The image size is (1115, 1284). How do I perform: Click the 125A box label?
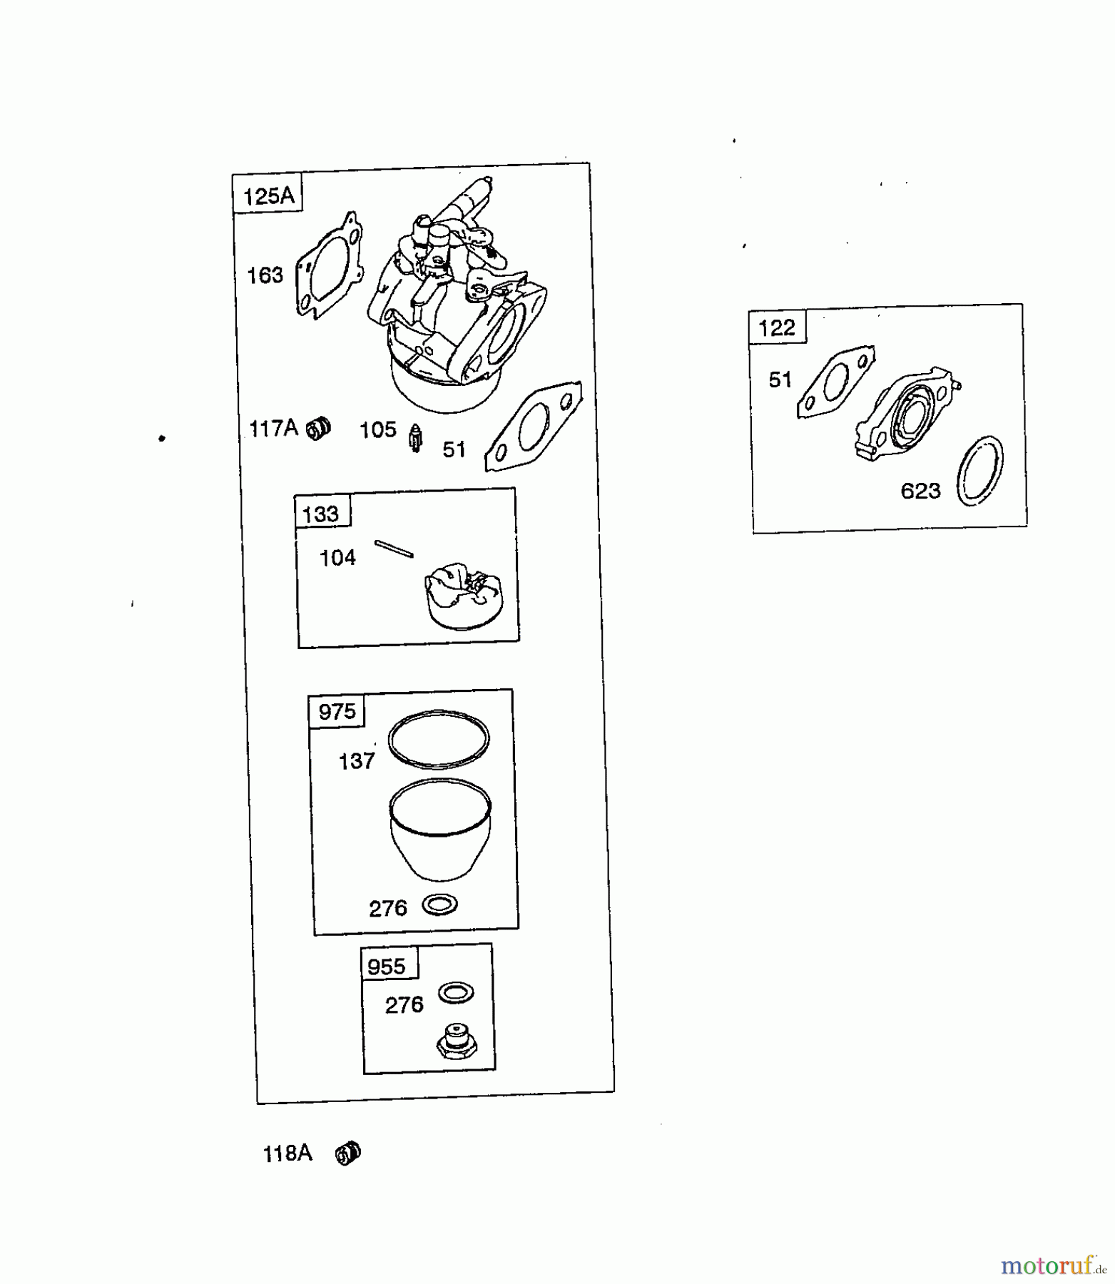[269, 195]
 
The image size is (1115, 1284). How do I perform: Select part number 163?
[265, 275]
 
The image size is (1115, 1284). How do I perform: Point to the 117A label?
[273, 428]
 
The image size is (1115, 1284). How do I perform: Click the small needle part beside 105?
[415, 437]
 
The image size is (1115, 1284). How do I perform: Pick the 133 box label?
[321, 514]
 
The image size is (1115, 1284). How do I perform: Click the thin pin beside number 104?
[394, 548]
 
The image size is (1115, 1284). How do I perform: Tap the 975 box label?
[337, 711]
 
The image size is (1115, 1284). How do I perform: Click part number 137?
[357, 761]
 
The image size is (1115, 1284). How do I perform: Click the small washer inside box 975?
[440, 905]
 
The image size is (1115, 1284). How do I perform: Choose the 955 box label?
[386, 967]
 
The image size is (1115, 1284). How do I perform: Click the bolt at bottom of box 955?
[456, 1043]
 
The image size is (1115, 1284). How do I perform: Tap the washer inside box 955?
[457, 992]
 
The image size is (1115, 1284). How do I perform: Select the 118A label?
[287, 1153]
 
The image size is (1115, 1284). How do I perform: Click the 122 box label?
[777, 327]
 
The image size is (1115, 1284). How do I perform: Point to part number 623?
[921, 491]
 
